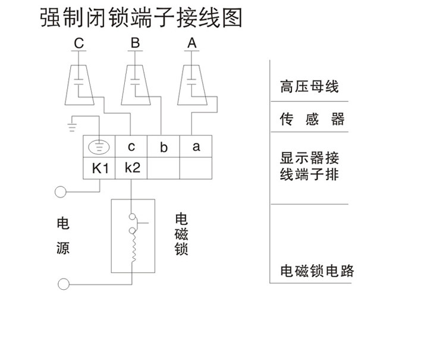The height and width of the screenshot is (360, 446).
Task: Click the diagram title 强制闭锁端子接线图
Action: [x=141, y=18]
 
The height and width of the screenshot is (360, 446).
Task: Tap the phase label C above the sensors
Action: [x=79, y=43]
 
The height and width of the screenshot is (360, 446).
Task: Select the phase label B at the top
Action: [x=136, y=43]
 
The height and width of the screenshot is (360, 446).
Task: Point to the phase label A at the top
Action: [x=191, y=43]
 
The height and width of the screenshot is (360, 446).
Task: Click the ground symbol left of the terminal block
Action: [x=73, y=125]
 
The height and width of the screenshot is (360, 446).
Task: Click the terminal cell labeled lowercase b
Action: [x=164, y=147]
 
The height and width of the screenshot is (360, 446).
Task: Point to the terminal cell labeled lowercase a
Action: [x=196, y=147]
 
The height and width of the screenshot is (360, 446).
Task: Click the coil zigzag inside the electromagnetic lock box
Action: [x=134, y=251]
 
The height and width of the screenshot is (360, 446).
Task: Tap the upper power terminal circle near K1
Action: [x=60, y=192]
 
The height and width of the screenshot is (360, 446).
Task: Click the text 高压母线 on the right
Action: [x=309, y=87]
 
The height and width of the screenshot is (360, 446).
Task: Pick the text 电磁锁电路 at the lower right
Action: [x=317, y=271]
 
